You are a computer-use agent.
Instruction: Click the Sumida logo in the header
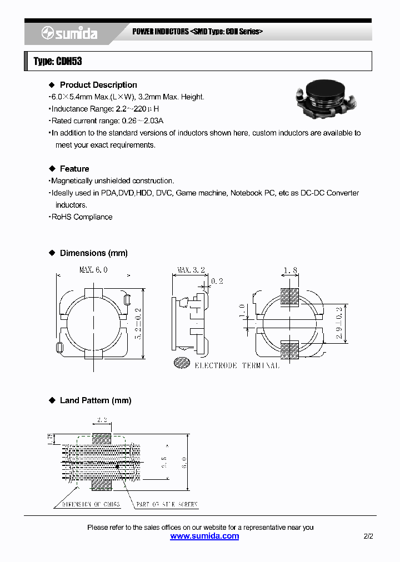click(69, 34)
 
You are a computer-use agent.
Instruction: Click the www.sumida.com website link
click(204, 536)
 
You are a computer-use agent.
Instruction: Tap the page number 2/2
click(368, 536)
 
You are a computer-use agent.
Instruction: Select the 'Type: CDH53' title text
click(58, 62)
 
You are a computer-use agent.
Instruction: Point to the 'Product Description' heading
click(98, 85)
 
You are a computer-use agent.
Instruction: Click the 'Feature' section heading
click(74, 169)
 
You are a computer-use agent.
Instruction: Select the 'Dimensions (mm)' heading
click(93, 253)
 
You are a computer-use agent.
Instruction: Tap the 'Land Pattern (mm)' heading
click(95, 400)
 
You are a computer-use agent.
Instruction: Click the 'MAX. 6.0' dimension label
click(93, 270)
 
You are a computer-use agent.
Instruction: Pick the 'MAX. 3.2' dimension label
click(191, 270)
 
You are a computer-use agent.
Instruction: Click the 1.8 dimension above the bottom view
click(290, 270)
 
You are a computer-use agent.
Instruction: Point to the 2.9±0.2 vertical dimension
click(339, 324)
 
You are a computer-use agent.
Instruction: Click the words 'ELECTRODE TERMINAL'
click(237, 365)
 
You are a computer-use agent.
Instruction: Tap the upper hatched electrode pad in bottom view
click(289, 297)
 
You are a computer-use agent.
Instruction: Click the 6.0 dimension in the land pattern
click(184, 461)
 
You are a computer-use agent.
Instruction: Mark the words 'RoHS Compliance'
click(82, 217)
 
